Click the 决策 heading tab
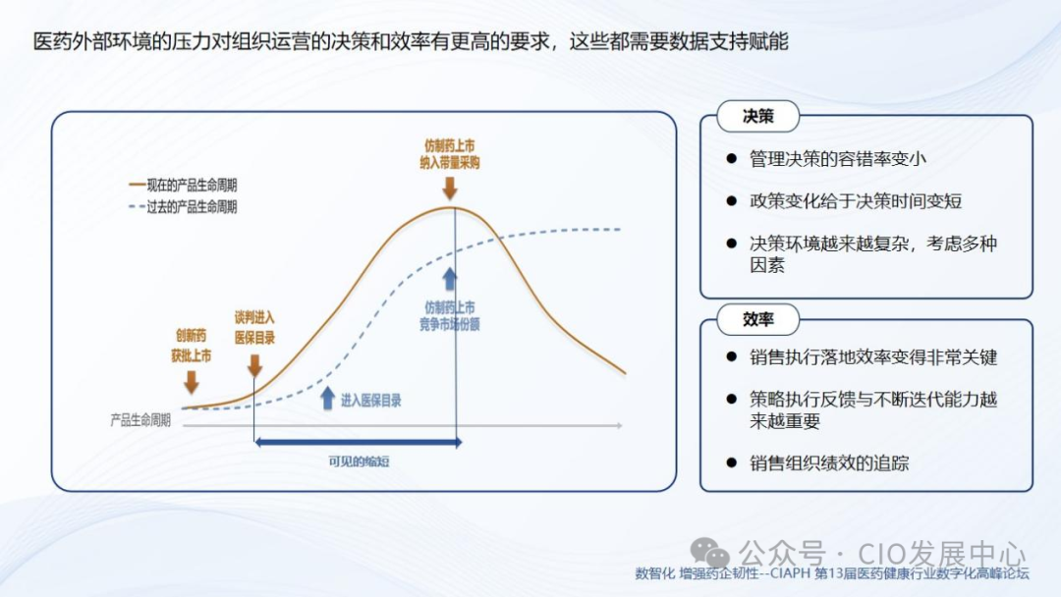click(757, 116)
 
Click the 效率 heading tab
click(757, 319)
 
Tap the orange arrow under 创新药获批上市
click(191, 381)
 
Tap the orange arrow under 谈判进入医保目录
click(254, 365)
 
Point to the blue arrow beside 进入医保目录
click(327, 398)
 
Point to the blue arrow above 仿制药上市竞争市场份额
click(450, 278)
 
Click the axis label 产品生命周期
click(140, 419)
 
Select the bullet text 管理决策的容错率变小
click(838, 158)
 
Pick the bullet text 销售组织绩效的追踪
click(829, 462)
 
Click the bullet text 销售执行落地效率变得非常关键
click(873, 357)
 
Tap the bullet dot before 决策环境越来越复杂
click(731, 243)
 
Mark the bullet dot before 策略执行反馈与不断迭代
click(731, 400)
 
